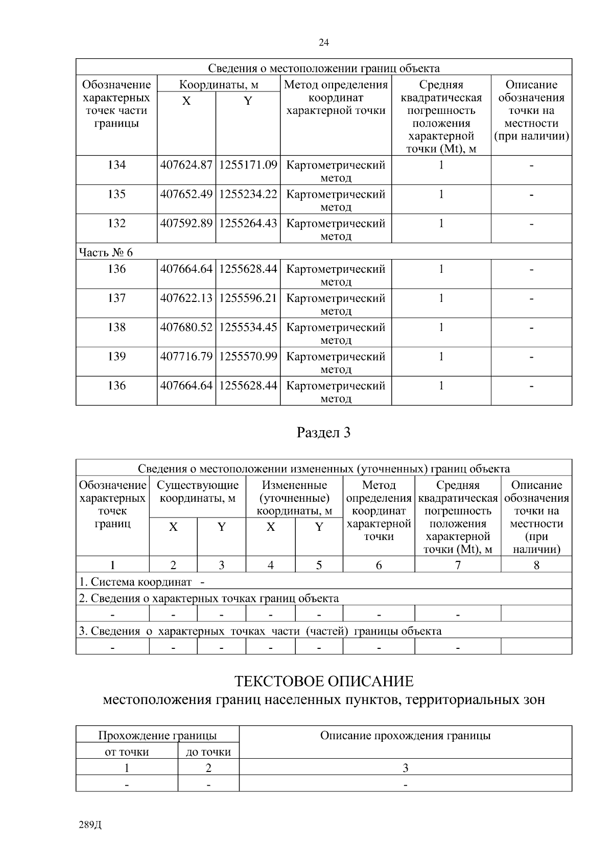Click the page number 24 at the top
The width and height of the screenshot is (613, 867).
coord(324,43)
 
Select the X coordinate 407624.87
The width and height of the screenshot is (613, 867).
coord(186,165)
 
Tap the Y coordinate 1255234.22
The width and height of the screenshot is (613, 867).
coord(248,194)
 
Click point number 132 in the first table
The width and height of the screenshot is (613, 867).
coord(116,223)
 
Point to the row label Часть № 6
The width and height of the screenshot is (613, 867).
coord(106,252)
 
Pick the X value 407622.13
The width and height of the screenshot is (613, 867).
coord(186,298)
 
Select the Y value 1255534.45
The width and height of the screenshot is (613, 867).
coord(248,327)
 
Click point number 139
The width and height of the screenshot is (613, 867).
coord(116,357)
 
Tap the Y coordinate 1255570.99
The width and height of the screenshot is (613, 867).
coord(248,357)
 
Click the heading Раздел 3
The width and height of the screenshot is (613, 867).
coord(324,433)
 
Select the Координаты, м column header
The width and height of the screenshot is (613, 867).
coord(219,85)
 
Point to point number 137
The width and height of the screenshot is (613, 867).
coord(116,298)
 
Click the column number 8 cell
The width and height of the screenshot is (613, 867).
coord(536,565)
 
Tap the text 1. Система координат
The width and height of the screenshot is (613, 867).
coord(136,582)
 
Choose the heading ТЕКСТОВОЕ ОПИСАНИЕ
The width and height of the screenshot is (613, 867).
coord(324,682)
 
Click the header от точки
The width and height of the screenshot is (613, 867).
coord(127,752)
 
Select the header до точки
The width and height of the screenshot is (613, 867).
coord(208,752)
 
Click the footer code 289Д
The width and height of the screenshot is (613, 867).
coord(91,825)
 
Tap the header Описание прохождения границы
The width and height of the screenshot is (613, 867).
coord(405,736)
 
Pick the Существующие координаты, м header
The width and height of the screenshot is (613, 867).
coord(198,491)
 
